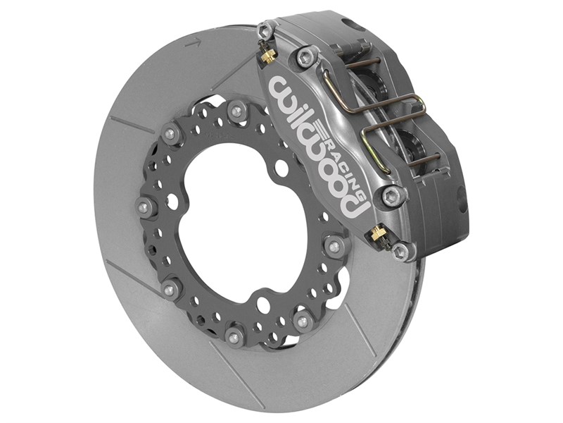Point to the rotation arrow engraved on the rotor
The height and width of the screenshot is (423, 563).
click(x=192, y=44)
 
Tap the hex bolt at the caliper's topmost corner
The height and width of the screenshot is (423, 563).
click(x=265, y=30)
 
